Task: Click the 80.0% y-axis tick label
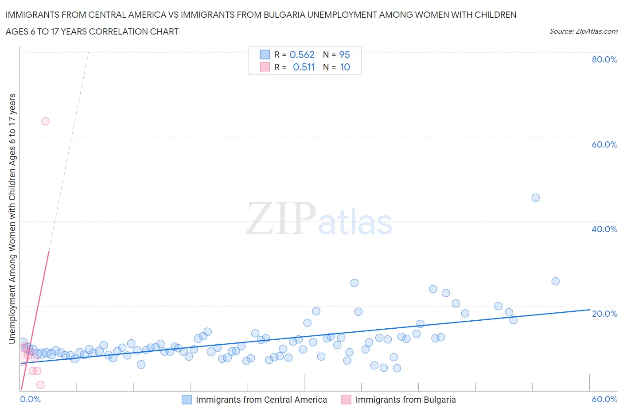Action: click(x=604, y=59)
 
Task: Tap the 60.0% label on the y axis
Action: click(x=604, y=144)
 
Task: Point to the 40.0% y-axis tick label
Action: click(x=604, y=229)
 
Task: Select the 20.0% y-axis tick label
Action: click(x=604, y=314)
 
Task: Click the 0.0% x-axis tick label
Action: click(x=30, y=399)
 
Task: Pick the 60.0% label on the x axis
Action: click(x=604, y=399)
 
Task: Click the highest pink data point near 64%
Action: click(x=45, y=121)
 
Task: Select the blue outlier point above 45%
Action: click(x=535, y=198)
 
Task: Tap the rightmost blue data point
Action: click(x=555, y=281)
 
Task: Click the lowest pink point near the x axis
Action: click(x=40, y=385)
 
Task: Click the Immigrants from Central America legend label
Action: click(x=261, y=400)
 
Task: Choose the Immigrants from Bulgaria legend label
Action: click(x=405, y=400)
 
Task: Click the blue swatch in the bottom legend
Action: click(x=187, y=400)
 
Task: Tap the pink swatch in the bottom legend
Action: click(x=347, y=400)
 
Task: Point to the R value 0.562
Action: click(x=302, y=54)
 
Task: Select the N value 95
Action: click(x=344, y=54)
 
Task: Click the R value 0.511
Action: click(x=304, y=67)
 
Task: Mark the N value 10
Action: click(x=345, y=67)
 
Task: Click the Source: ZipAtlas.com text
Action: click(x=583, y=31)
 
